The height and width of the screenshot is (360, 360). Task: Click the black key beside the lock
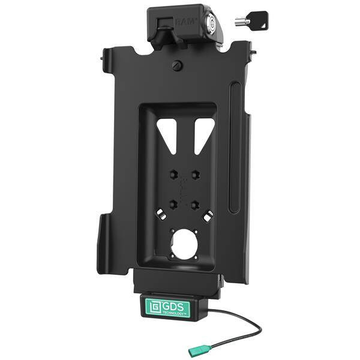(x=252, y=20)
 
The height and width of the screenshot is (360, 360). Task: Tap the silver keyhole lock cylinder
(x=211, y=23)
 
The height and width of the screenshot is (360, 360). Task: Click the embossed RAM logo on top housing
(x=187, y=22)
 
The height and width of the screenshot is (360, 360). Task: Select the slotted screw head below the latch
(x=178, y=65)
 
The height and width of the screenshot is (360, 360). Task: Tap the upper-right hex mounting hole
(x=196, y=175)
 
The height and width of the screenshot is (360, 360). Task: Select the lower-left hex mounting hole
(x=174, y=203)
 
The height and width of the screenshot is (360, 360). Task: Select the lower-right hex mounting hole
(x=196, y=203)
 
